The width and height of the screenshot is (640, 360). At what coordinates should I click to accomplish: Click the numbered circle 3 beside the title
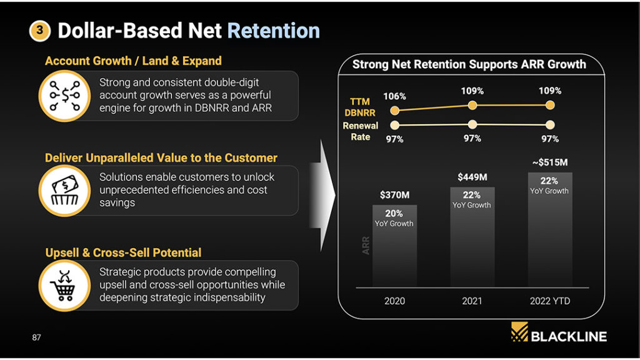point(39,31)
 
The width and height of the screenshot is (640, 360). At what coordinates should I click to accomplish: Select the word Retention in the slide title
point(273,31)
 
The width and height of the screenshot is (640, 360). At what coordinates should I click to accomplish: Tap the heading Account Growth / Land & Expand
point(133,61)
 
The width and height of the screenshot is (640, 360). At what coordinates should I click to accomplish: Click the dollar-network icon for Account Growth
point(64,96)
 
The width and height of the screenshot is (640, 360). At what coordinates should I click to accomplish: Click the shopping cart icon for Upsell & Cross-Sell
point(64,285)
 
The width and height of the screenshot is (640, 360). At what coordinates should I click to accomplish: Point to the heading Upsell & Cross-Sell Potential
point(123,252)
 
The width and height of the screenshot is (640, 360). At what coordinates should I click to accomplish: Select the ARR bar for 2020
point(394,250)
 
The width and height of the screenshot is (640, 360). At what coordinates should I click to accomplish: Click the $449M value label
point(472,177)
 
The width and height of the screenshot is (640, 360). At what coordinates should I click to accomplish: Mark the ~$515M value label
point(549,162)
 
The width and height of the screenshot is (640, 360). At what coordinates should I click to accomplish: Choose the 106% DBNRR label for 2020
point(394,96)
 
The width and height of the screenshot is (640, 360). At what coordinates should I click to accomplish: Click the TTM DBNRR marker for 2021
point(472,106)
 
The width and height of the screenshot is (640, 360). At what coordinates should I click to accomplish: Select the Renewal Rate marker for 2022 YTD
point(550,124)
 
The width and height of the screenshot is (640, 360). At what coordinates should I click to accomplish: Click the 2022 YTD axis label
point(549,301)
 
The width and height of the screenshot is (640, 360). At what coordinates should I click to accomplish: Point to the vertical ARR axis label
point(366,245)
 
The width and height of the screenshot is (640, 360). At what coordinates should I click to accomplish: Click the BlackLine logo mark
point(519,332)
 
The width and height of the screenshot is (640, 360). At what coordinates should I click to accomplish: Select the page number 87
point(36,337)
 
